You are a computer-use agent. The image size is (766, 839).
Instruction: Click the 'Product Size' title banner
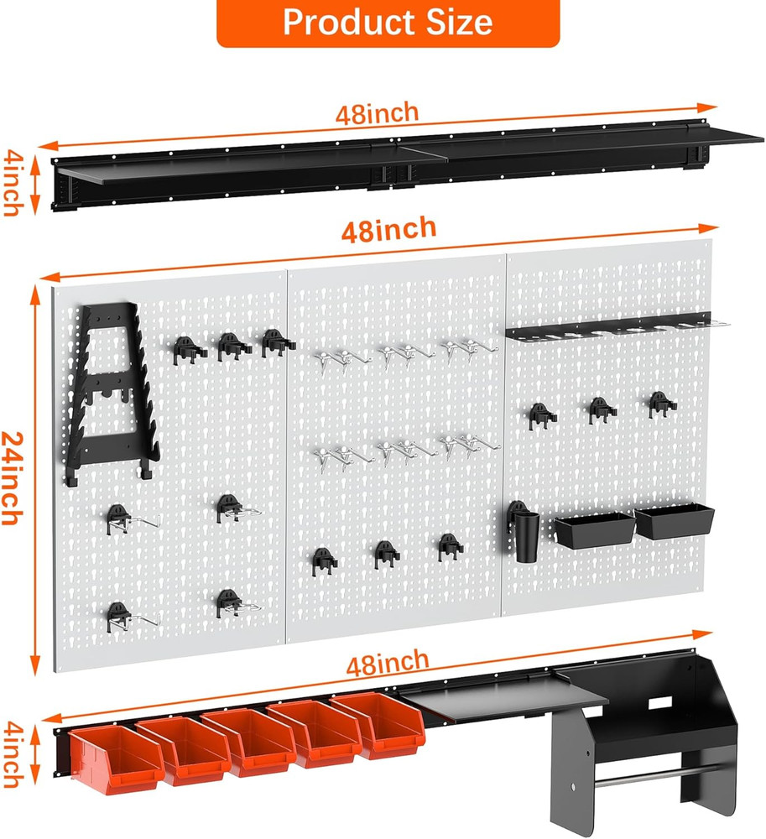pos(388,23)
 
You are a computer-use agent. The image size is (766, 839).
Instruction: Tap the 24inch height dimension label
pos(12,478)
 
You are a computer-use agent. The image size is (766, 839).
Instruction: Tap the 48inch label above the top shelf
pos(378,114)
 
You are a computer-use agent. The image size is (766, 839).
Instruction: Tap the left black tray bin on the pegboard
pos(594,530)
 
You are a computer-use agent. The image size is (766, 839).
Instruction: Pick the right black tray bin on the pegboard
pos(674,521)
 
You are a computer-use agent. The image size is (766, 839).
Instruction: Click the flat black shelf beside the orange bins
pos(503,696)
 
